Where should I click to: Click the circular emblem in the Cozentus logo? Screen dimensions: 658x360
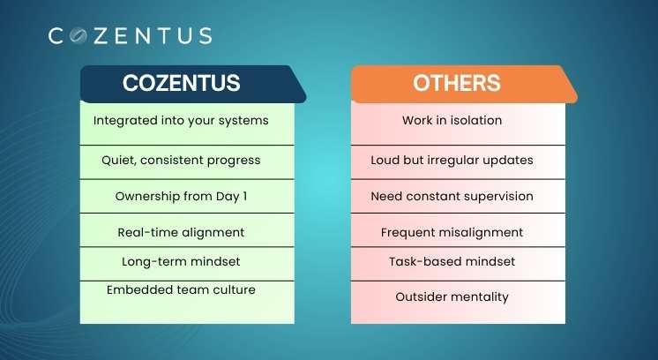pos(78,35)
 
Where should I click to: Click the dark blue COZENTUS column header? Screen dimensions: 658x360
pos(193,84)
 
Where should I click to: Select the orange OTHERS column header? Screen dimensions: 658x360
pos(464,84)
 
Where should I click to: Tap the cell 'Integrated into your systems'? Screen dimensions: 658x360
pos(187,124)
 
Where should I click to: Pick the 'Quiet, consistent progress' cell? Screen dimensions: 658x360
pos(187,162)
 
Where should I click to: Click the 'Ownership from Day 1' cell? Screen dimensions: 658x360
pos(187,197)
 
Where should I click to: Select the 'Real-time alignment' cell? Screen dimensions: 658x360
pos(187,230)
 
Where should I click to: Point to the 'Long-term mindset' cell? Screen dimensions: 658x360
pos(187,264)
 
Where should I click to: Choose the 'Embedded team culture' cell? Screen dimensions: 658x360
pos(187,303)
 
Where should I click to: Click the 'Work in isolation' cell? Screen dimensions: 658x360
pos(459,124)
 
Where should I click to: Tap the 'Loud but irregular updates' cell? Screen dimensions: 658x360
pos(459,162)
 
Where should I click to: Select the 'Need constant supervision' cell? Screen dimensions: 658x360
pos(459,197)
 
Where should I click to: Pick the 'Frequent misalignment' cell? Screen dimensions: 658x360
pos(459,230)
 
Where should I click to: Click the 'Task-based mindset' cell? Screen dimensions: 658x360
pos(459,264)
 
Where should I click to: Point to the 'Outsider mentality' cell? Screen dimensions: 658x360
pos(459,303)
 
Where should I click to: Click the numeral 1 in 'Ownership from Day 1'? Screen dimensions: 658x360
pos(245,197)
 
